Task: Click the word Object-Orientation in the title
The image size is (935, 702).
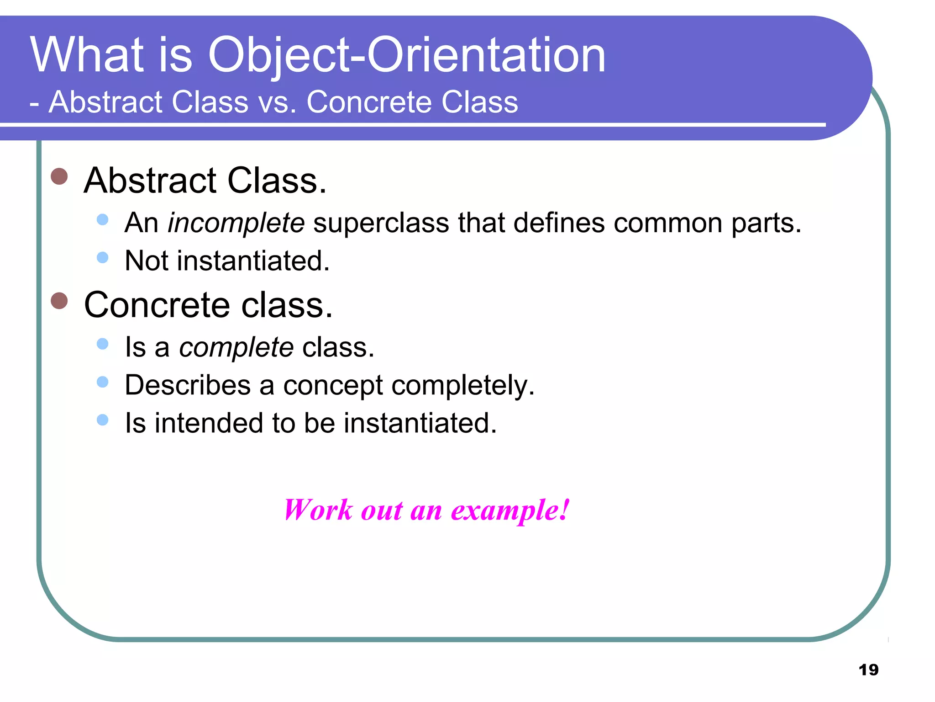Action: coord(406,56)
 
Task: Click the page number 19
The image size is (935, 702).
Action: coord(868,670)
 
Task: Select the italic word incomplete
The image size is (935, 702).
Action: coord(236,223)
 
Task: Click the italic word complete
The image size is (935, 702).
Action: coord(236,348)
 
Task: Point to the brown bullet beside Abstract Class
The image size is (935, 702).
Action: coord(59,176)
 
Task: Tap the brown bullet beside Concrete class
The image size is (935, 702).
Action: coord(59,301)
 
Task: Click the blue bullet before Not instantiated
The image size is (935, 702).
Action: coord(103,258)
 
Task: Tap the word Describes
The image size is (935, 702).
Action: coord(188,385)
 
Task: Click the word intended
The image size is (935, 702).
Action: coord(208,423)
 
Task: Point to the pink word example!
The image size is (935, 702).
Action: coord(510,511)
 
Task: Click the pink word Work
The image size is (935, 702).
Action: coord(318,510)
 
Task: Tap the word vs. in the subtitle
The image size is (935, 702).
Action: coord(277,102)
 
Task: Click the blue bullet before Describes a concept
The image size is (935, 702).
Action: coord(103,382)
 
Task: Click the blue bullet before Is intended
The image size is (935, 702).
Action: coord(103,420)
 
